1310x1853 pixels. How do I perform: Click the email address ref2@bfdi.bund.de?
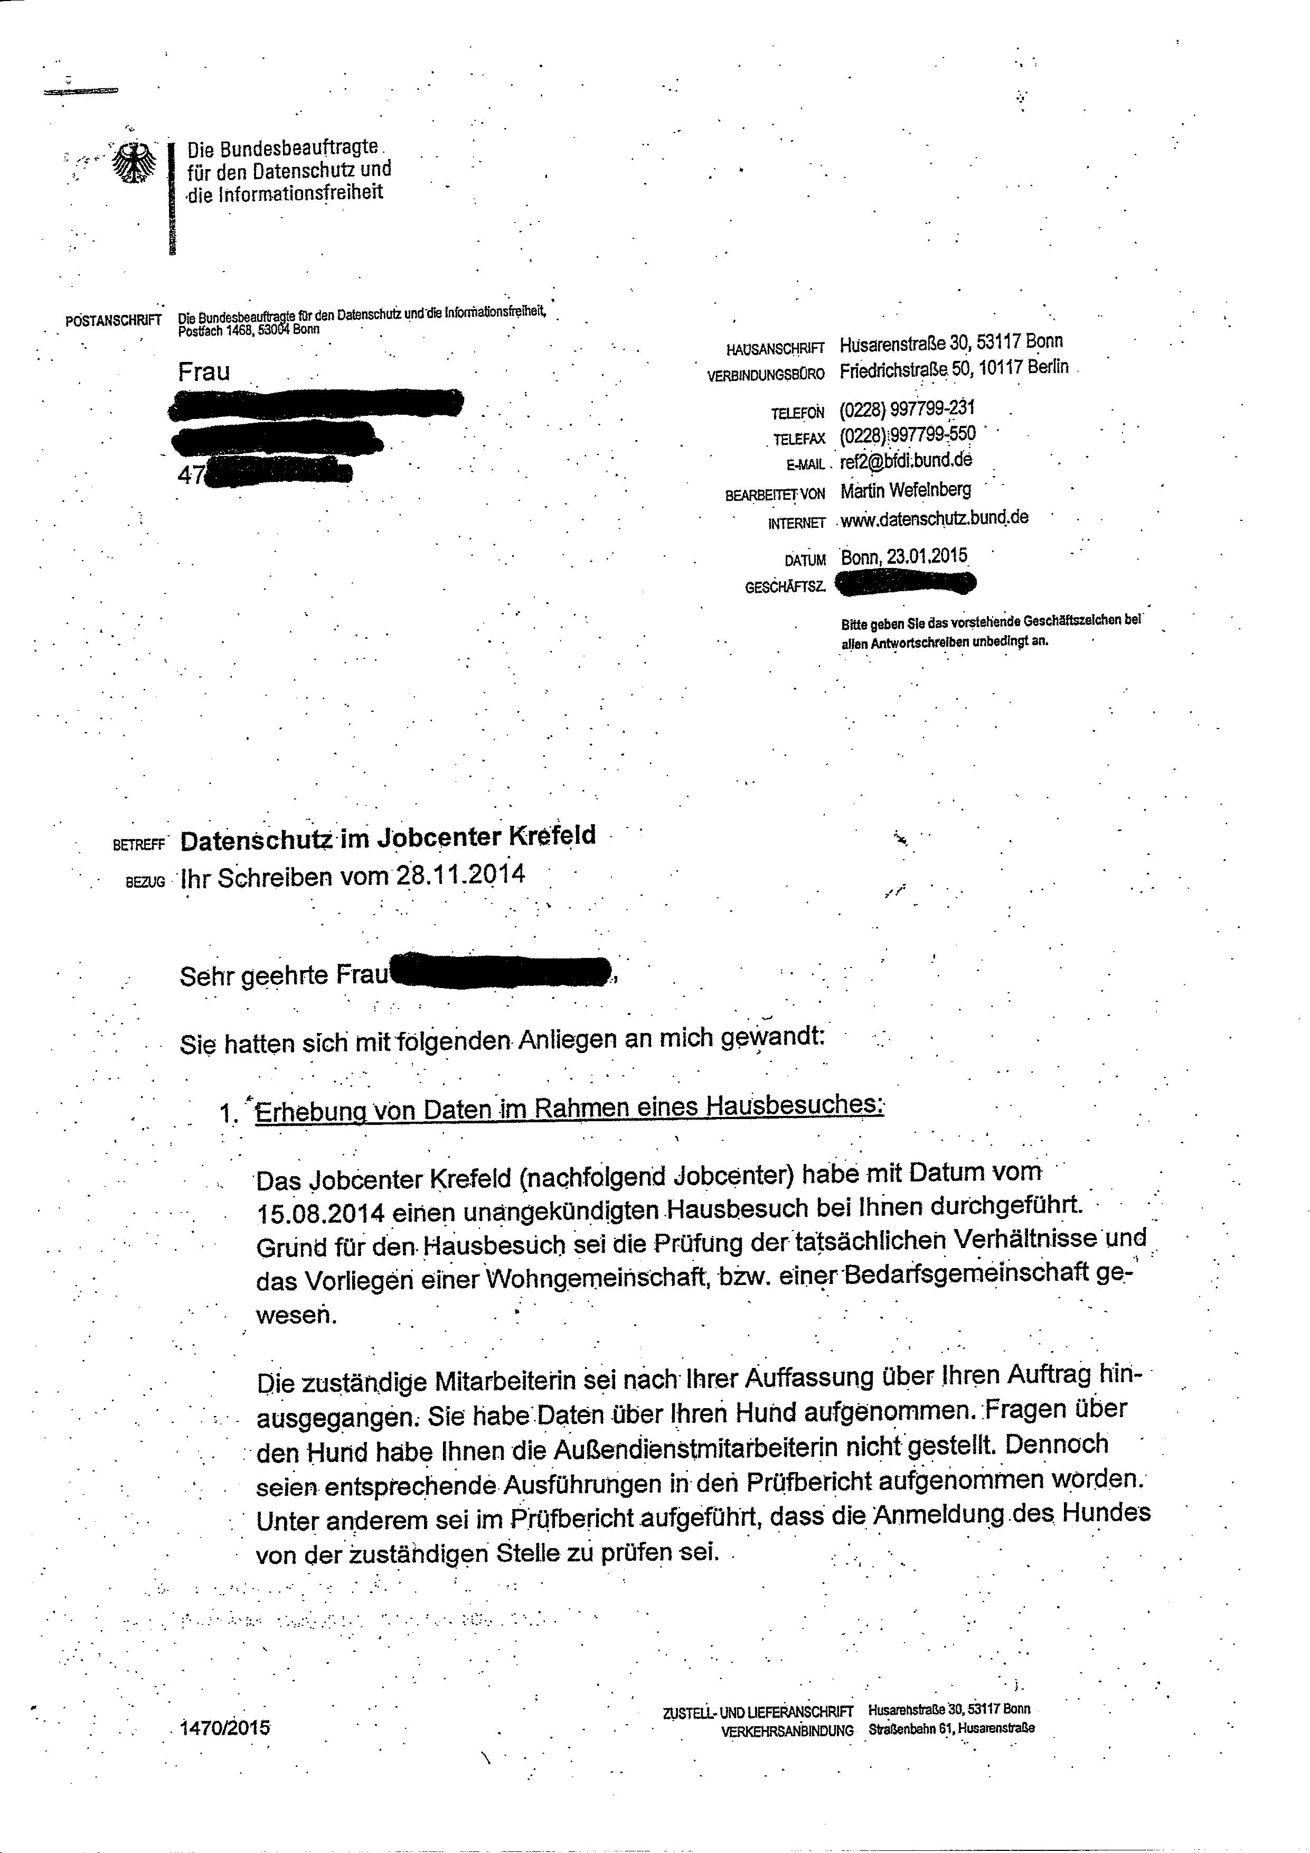coord(906,461)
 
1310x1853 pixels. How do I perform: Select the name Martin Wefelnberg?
coord(905,490)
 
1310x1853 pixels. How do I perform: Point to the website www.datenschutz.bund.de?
coord(934,519)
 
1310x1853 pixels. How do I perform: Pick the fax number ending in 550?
coord(908,435)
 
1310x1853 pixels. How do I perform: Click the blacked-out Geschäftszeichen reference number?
coord(906,583)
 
